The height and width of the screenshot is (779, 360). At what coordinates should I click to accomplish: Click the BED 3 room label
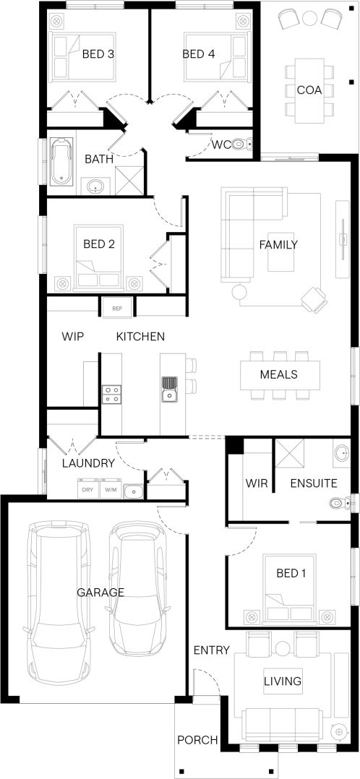[98, 54]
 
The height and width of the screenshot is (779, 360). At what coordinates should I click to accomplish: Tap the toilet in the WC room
[241, 145]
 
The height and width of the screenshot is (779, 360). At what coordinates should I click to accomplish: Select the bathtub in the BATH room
[61, 161]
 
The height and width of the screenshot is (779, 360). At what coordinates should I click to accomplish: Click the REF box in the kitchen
[117, 308]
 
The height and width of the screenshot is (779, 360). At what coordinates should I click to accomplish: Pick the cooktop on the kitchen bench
[111, 395]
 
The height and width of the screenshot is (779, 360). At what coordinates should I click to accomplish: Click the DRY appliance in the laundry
[88, 489]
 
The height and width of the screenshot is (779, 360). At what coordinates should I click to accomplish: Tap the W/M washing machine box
[110, 489]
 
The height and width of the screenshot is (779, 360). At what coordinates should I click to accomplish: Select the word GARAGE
[100, 593]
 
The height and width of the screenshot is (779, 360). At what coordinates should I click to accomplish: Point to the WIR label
[257, 483]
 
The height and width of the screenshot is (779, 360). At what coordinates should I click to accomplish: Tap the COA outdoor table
[309, 90]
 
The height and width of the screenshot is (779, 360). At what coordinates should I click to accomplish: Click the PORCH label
[197, 740]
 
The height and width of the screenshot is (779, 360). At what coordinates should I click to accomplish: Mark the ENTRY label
[212, 650]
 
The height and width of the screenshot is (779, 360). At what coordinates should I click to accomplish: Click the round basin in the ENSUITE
[342, 454]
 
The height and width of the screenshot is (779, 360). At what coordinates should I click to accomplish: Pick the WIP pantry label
[72, 336]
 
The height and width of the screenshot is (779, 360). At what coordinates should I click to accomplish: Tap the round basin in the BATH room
[95, 186]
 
